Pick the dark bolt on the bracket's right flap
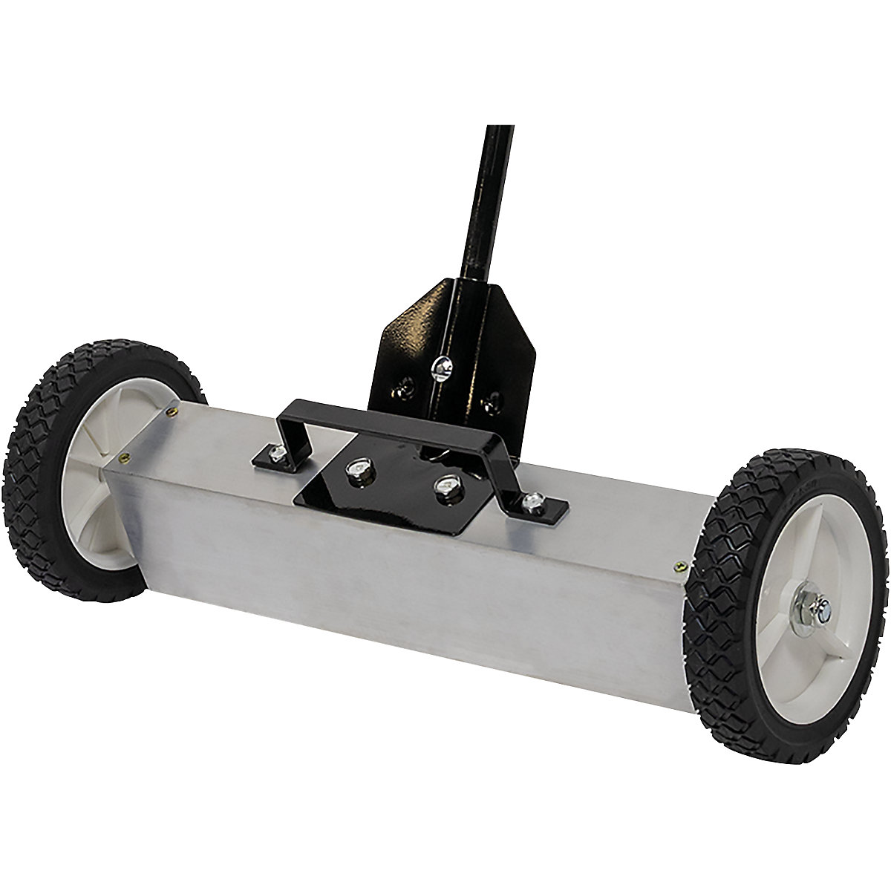click(487, 405)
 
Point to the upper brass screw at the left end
click(173, 408)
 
